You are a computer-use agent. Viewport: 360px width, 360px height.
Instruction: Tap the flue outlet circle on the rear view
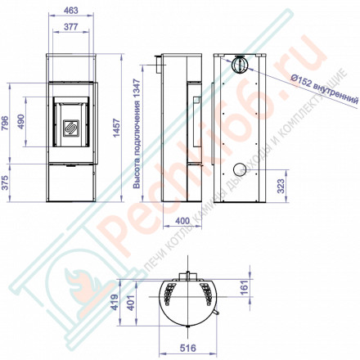click(240, 64)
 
